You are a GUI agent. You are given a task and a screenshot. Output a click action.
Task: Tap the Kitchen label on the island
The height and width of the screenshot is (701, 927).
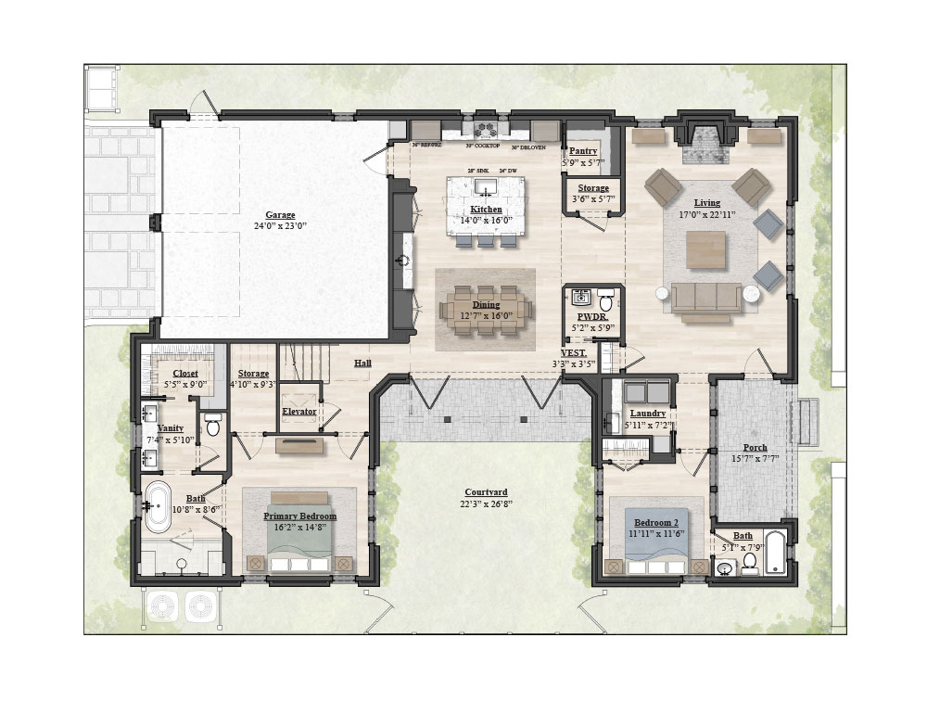click(486, 210)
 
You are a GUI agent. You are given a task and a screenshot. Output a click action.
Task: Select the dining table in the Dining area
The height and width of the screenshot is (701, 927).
click(486, 306)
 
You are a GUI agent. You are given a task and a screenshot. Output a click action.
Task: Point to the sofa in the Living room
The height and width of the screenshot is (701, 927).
click(705, 299)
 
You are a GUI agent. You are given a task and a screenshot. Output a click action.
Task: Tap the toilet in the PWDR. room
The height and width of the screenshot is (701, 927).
click(605, 300)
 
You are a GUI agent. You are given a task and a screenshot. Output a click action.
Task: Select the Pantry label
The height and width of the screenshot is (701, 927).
click(583, 151)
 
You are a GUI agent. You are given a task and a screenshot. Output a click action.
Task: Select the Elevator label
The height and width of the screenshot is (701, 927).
click(298, 411)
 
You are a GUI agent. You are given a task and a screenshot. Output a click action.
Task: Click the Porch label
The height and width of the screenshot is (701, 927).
click(755, 447)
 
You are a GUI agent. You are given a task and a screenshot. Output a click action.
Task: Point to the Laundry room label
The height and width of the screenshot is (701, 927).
click(648, 414)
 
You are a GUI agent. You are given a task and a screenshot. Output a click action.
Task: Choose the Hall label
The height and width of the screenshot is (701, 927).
click(362, 363)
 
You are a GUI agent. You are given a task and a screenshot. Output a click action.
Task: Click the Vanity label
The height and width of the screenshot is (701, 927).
click(170, 427)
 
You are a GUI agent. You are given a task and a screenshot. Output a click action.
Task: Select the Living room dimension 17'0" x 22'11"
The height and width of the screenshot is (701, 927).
click(707, 214)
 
